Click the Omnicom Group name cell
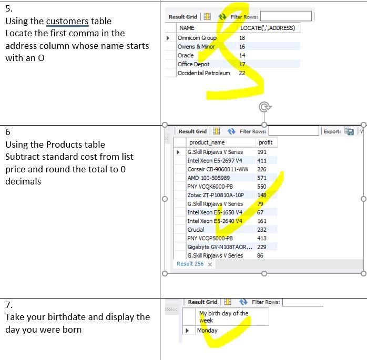click(x=197, y=38)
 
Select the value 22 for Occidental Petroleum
click(x=242, y=73)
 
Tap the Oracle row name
click(x=186, y=55)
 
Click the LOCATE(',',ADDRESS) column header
click(x=268, y=28)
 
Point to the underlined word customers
click(x=67, y=22)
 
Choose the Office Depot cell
click(x=193, y=64)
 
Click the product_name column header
click(x=207, y=142)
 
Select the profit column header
click(x=266, y=142)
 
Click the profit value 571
click(x=262, y=178)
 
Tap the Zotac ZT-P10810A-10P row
click(x=216, y=195)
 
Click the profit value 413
click(x=262, y=238)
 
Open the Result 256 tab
click(x=190, y=264)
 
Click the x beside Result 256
click(x=210, y=264)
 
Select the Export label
click(x=332, y=131)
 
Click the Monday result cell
click(x=207, y=331)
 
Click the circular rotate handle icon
click(x=264, y=107)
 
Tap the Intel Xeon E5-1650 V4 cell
click(x=215, y=212)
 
